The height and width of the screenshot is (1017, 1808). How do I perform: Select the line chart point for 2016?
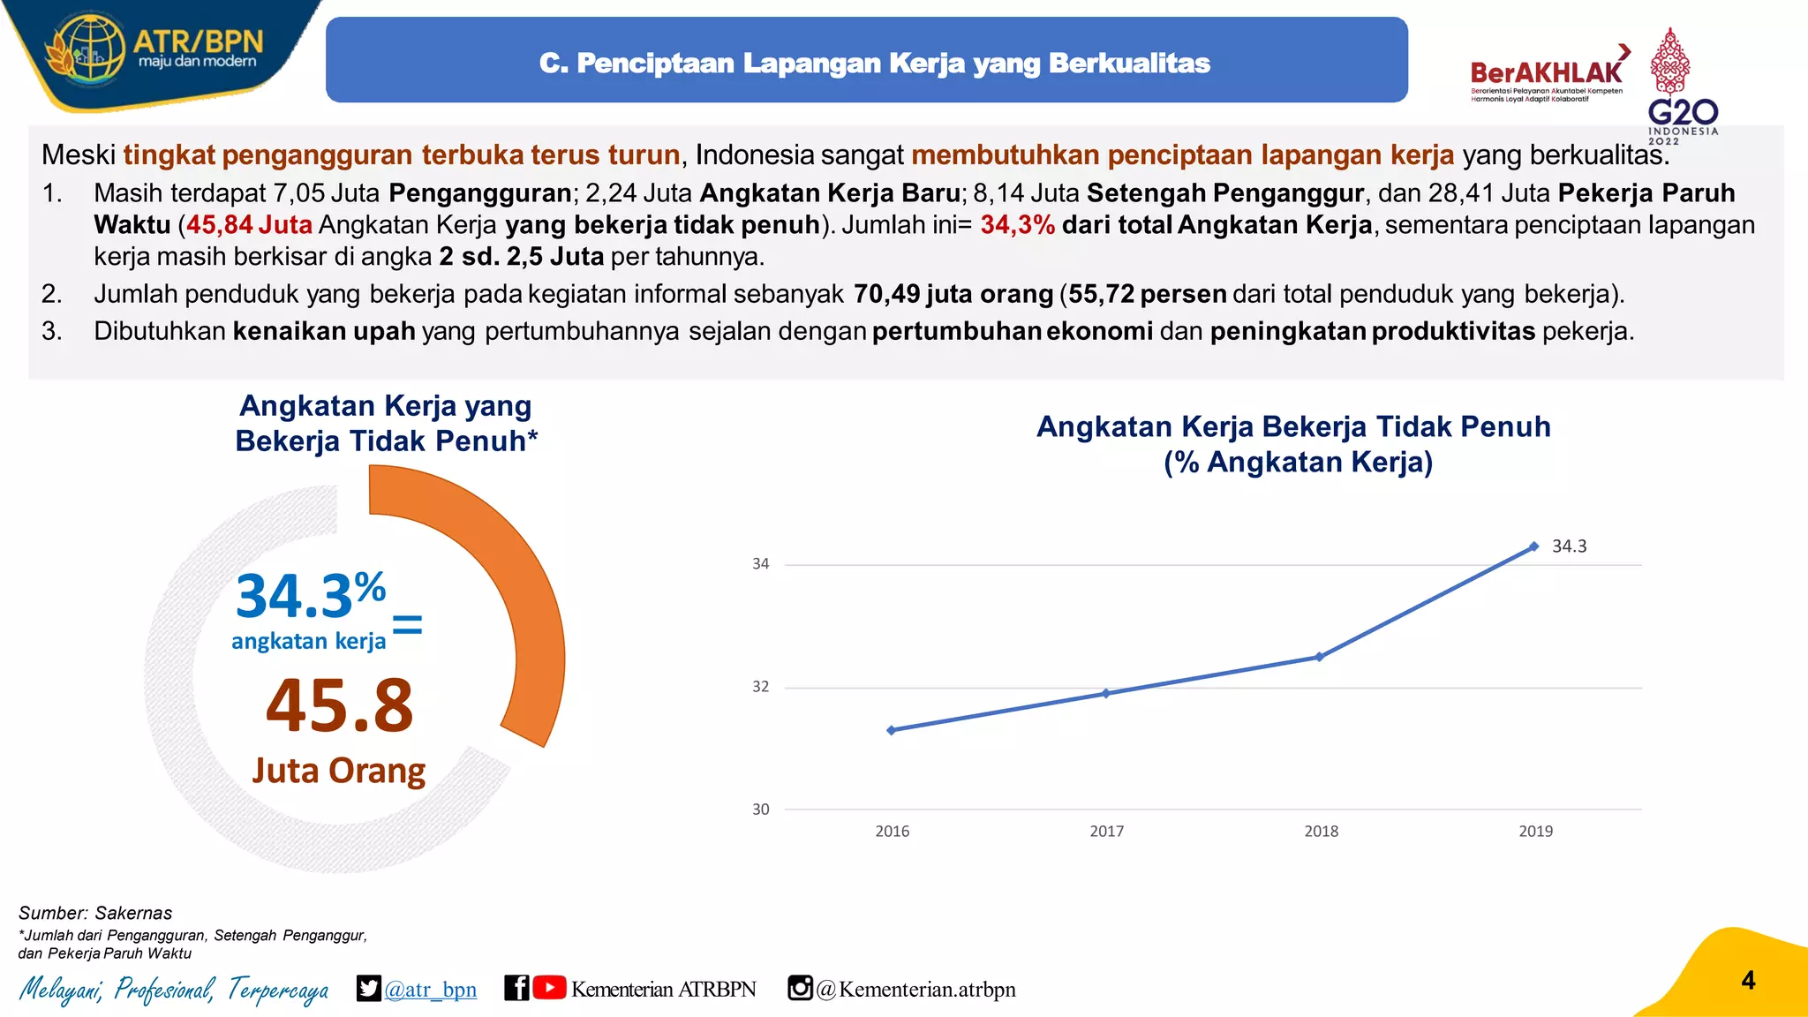(892, 730)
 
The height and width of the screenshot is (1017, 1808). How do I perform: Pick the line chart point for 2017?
(1106, 693)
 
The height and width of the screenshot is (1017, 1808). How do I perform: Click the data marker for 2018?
(1320, 657)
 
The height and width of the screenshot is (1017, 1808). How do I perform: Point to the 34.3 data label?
(1569, 546)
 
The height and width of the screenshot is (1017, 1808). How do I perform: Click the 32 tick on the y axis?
(760, 687)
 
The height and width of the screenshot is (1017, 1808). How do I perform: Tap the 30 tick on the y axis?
(760, 810)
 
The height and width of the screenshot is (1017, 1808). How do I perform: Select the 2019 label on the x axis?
(1535, 832)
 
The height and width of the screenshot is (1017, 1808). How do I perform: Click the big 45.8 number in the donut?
(340, 705)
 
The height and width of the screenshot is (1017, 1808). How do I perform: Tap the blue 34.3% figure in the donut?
(310, 595)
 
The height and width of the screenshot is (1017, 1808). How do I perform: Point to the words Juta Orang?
(339, 771)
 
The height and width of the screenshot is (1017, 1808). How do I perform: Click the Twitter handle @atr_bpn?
(430, 990)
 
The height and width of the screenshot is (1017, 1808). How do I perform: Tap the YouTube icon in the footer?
(549, 988)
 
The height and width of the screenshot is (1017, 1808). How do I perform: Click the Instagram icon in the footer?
(800, 988)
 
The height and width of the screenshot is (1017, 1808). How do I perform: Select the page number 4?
(1748, 981)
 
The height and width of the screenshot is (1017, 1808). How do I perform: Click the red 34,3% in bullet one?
(1017, 225)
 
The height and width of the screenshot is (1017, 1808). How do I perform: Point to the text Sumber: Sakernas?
(95, 913)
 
